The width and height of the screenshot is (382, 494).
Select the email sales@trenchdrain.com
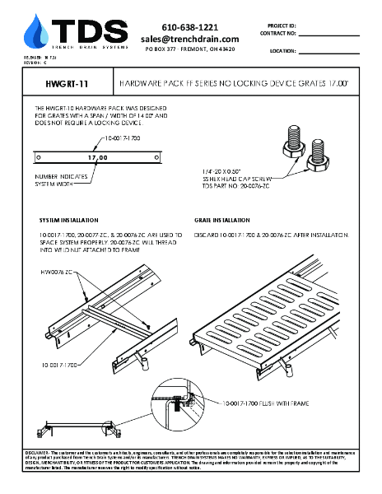[x=189, y=39]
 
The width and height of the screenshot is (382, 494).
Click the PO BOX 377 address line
[x=189, y=49]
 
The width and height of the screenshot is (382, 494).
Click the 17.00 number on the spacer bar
[x=97, y=156]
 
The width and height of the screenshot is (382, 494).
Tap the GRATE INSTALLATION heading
[x=222, y=221]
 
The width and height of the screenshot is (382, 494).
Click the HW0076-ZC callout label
[x=58, y=270]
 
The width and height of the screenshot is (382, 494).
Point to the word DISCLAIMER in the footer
[x=39, y=453]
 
